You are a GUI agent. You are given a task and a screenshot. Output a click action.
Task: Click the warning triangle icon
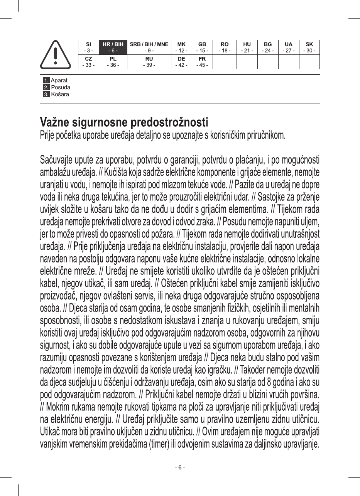tap(56, 54)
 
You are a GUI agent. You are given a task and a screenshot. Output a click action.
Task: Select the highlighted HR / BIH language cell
tap(113, 47)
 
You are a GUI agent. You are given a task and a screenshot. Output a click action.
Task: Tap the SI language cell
tap(88, 47)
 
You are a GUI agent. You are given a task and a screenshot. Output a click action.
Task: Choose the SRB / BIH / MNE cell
tap(149, 47)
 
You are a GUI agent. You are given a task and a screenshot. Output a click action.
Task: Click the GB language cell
tap(202, 47)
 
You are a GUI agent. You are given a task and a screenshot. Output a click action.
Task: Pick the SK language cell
tap(309, 47)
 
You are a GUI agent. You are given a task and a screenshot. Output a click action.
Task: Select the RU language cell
tap(149, 62)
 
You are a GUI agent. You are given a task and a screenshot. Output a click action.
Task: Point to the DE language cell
tap(181, 62)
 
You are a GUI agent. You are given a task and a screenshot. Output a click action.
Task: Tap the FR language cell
tap(202, 62)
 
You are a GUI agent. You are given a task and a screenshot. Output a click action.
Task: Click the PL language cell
tap(113, 62)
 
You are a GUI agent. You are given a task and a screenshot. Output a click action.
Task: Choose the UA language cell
tap(288, 47)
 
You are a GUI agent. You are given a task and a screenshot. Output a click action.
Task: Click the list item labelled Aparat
tap(59, 81)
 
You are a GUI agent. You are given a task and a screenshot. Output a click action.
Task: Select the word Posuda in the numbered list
tap(61, 88)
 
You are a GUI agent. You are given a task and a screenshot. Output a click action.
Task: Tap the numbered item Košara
tap(60, 95)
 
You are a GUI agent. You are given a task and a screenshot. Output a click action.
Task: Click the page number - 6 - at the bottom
tap(180, 467)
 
